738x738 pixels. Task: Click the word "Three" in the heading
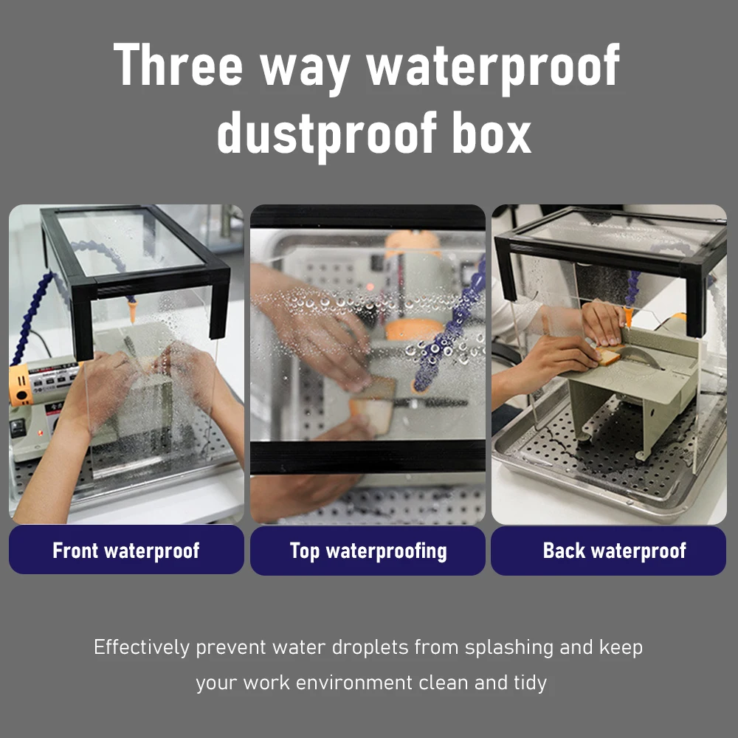click(178, 64)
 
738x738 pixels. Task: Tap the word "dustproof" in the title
click(327, 135)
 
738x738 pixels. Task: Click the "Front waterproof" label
click(126, 551)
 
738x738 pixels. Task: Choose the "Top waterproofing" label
click(368, 551)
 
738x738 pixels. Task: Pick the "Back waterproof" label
click(609, 551)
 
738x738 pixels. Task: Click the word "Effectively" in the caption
click(142, 647)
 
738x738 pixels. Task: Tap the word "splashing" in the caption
click(508, 648)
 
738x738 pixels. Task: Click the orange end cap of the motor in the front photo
click(19, 384)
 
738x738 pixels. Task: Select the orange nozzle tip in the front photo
click(133, 311)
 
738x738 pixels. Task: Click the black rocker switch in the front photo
click(17, 427)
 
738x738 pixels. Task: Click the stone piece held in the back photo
click(609, 354)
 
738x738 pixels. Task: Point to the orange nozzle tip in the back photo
click(628, 317)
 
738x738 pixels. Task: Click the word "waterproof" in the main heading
click(493, 66)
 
